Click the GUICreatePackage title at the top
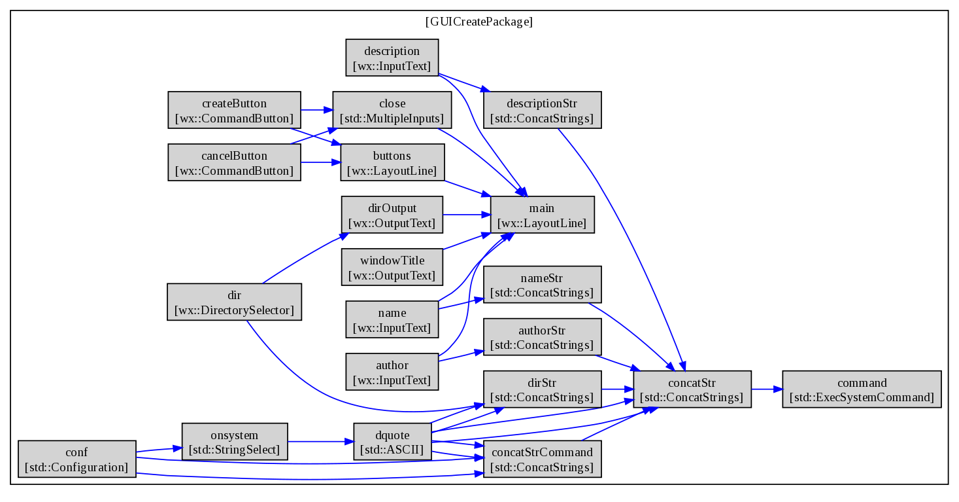(479, 22)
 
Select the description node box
(392, 58)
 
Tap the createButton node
(234, 110)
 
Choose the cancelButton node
(234, 162)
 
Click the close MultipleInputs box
(392, 110)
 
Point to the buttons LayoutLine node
(392, 162)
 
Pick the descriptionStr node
(542, 110)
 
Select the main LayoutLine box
(542, 215)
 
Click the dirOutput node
(392, 215)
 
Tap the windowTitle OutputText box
(392, 267)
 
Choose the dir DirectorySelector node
(234, 302)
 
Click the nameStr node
(542, 285)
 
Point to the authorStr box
(542, 337)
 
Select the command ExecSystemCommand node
(862, 389)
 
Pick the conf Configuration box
(76, 459)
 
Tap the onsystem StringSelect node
(234, 442)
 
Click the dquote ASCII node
(392, 442)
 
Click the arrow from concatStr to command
(767, 389)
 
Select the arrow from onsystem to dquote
(321, 442)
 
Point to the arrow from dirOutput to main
(467, 215)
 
